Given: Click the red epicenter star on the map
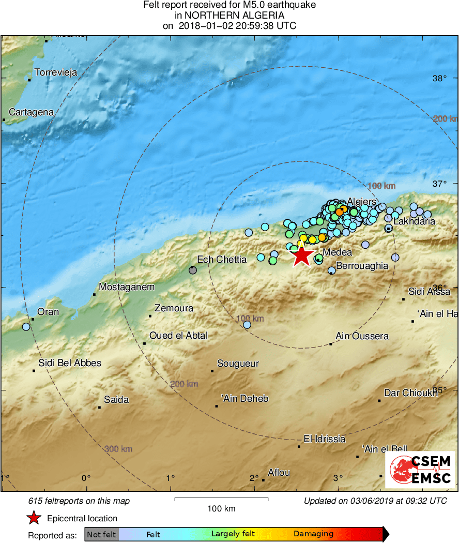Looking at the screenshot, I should pos(302,255).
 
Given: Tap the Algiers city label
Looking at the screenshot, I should pos(361,201).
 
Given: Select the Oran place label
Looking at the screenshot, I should pos(48,312).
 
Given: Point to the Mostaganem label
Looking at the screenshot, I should pos(126,287).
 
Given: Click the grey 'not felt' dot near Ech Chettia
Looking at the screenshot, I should pos(193,269).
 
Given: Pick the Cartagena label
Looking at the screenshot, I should pos(32,112).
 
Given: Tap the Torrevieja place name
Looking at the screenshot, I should pos(55,72).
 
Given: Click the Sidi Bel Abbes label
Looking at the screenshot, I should pos(70,363).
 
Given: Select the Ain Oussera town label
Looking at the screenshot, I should pos(362,336).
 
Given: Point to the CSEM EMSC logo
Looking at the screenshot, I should pos(420,470).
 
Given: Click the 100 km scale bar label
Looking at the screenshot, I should pos(221,509).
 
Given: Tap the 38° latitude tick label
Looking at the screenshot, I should pos(439,79).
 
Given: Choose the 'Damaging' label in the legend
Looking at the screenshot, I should pos(313,534).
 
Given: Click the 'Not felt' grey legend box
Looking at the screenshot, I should pos(101,534).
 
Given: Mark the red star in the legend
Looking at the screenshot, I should pos(34,518).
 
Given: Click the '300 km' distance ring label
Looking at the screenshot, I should pos(118,449).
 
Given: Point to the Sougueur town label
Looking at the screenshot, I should pos(238,364).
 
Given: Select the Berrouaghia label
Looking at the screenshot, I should pos(362,266).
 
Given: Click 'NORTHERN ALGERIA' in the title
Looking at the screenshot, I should pos(229,16).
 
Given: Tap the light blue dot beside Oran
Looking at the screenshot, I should pos(26,327).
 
